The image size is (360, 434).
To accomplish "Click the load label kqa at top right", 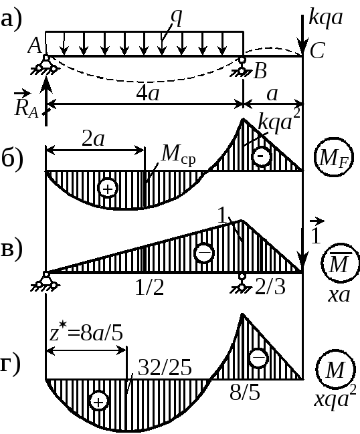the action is (326, 19).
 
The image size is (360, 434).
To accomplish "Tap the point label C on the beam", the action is (317, 51).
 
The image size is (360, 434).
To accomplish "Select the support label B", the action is (260, 71).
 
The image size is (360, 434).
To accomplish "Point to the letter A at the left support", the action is (35, 45).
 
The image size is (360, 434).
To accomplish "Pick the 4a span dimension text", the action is (148, 94).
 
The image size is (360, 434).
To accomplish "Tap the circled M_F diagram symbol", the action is (334, 156).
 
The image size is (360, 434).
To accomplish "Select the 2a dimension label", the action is (93, 139).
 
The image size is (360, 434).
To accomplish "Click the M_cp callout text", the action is (179, 154).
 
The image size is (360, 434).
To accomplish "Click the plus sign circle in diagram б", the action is (108, 189).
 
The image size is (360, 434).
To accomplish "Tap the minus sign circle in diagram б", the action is (261, 156).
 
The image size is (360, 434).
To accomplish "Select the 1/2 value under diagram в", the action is (149, 288).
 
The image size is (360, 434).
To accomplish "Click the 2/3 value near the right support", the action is (270, 287).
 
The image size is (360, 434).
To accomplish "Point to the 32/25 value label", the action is (165, 368).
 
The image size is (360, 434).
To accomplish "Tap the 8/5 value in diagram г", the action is (245, 393).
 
